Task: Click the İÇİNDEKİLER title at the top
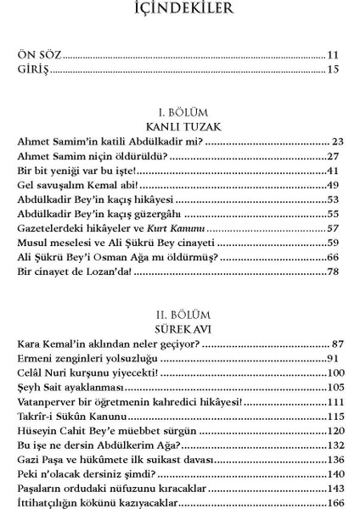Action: point(179,10)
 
